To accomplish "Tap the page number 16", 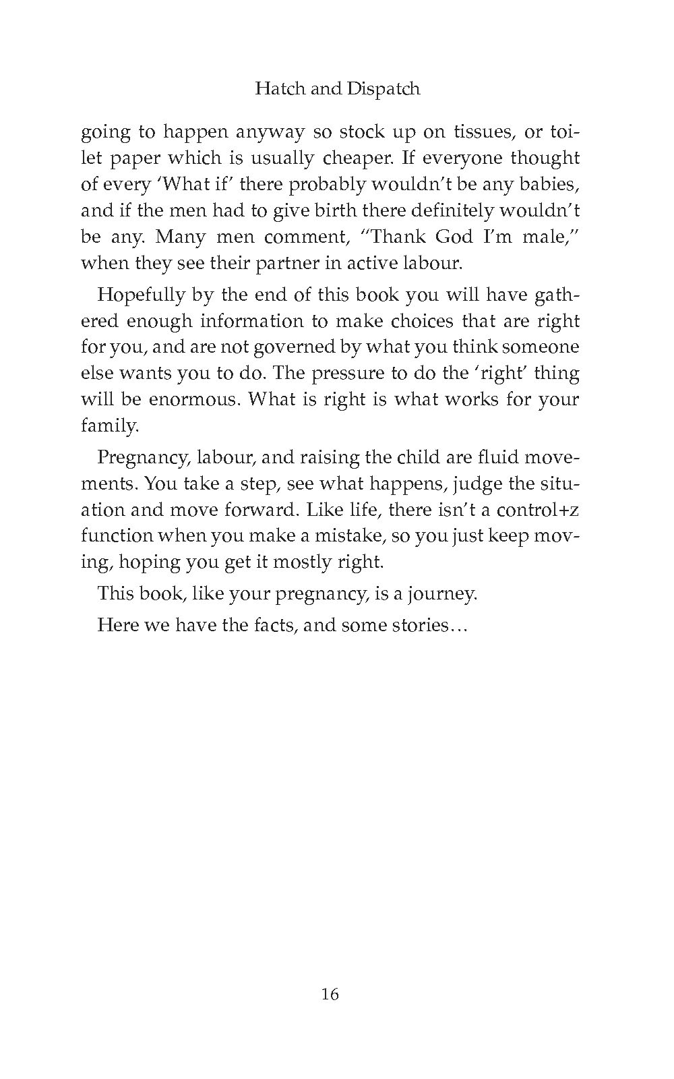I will point(330,994).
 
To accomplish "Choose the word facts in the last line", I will point(274,625).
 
